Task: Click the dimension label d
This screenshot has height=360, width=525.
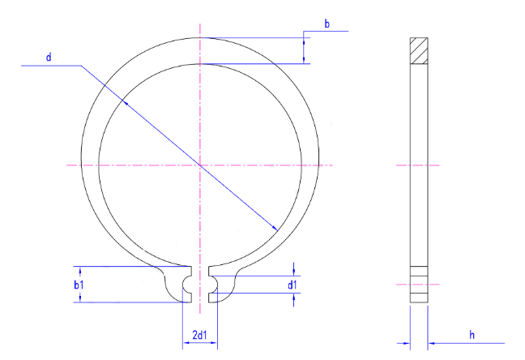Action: tap(49, 57)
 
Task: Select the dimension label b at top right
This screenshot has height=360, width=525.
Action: tap(327, 24)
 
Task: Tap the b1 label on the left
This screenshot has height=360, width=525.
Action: tap(79, 285)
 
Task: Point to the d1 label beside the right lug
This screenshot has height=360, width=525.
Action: tap(292, 285)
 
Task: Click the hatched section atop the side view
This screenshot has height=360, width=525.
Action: tap(418, 50)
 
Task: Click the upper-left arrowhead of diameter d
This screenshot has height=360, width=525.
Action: tap(123, 102)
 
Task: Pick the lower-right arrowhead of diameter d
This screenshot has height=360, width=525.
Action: tap(274, 229)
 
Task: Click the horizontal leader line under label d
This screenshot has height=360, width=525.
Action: tap(49, 66)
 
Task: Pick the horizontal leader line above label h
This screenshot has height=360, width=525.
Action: tap(470, 342)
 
